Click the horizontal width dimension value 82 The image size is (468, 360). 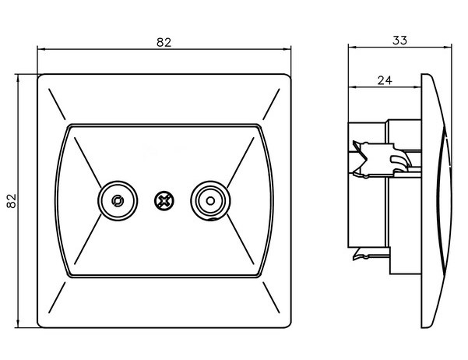(x=164, y=42)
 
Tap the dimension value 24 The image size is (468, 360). (x=384, y=79)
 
